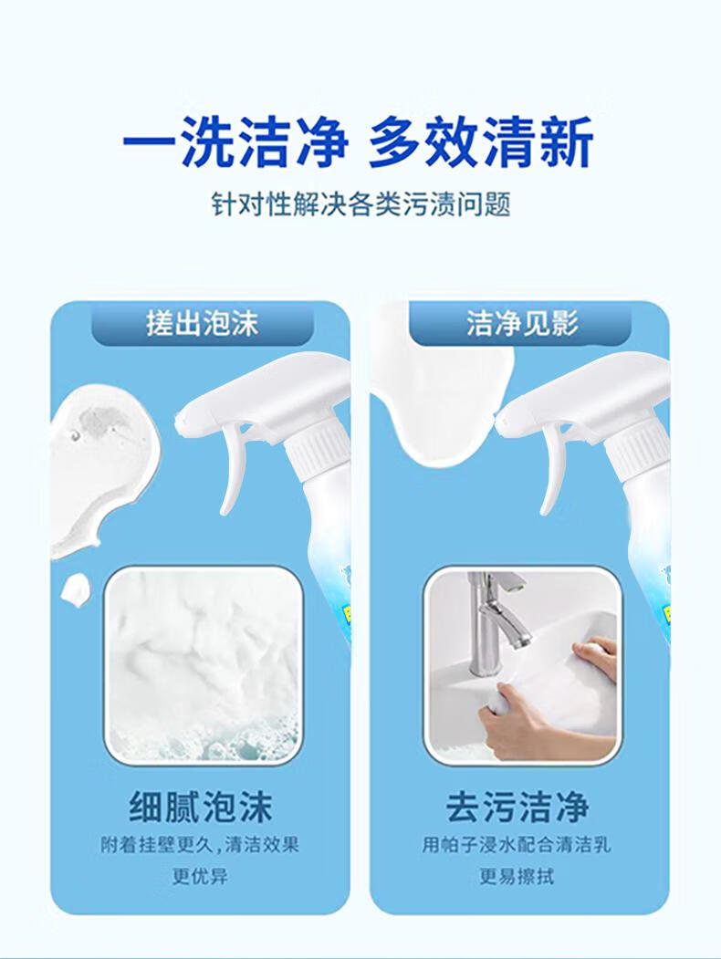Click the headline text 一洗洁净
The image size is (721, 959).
coord(235,142)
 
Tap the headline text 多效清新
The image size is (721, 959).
coord(481,142)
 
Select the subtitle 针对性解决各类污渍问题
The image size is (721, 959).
coord(360,203)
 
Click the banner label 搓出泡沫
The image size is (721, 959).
coord(203,323)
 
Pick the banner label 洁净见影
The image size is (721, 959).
coord(522,323)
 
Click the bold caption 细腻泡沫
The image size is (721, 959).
coord(201,807)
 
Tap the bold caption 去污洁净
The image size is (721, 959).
coord(517,807)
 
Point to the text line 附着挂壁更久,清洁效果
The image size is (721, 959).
coord(200,845)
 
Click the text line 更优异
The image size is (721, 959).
coord(200,877)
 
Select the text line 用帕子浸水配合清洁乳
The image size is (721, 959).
coord(517,845)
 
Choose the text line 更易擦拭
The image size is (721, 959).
coord(517,877)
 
